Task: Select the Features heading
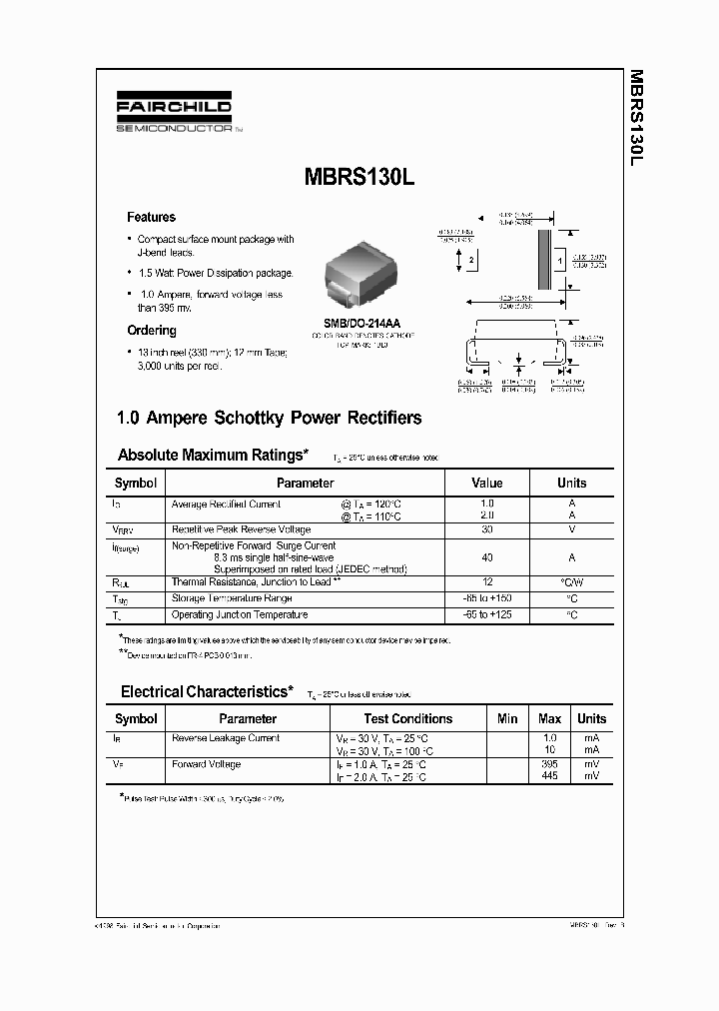point(151,217)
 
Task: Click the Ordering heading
point(152,331)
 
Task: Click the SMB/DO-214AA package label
point(361,324)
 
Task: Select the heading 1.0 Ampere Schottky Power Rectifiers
point(270,418)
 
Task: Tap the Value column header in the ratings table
point(486,483)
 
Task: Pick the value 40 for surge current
point(487,557)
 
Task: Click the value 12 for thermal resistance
point(487,581)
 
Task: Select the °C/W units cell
point(571,581)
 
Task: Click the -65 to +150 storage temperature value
point(487,598)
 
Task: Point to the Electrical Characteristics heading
point(207,691)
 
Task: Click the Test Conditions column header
point(407,718)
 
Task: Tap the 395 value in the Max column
point(549,764)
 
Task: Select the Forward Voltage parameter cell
point(207,764)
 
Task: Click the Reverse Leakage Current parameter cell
point(226,738)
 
